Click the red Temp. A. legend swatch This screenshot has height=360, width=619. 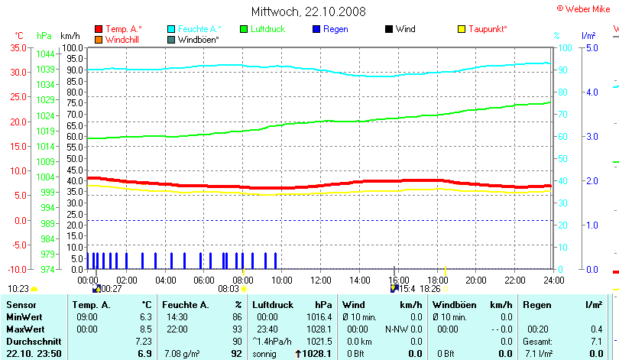tap(99, 29)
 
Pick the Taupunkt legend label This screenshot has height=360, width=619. tap(488, 29)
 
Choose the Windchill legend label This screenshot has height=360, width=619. tap(122, 39)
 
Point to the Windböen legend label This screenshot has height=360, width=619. tap(199, 39)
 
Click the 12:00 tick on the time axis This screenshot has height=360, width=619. tap(320, 280)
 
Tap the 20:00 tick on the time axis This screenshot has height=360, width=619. tap(475, 280)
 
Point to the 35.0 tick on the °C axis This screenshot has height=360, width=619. tap(17, 47)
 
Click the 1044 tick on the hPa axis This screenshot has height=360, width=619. tap(45, 54)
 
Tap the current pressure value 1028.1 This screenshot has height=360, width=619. tap(319, 354)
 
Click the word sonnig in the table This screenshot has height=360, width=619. tap(264, 354)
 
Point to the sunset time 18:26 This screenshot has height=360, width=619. tap(430, 289)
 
